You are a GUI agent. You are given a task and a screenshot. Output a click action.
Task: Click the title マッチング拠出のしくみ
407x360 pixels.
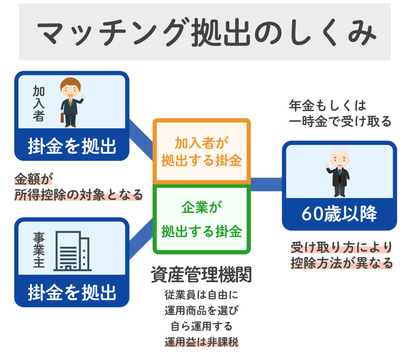coord(205,33)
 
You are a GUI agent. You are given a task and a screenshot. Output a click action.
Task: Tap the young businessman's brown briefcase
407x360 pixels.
coord(63,117)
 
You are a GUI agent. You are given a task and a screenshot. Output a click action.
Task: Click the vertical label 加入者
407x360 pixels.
coord(38,103)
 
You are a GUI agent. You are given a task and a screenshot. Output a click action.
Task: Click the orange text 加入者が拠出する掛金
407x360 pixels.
coord(202,152)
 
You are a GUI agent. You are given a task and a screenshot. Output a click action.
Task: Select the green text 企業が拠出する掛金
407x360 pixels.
coord(202,220)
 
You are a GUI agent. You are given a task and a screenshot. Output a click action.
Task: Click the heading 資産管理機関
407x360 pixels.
coord(201,275)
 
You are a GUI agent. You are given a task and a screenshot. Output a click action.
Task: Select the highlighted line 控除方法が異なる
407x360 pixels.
coord(341,263)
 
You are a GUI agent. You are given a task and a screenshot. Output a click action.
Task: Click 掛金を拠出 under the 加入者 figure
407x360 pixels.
coord(72,147)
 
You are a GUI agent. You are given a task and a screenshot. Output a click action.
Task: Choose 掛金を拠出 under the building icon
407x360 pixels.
coord(72,293)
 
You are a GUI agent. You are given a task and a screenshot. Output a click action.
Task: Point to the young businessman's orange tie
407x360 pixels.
coord(70,101)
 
